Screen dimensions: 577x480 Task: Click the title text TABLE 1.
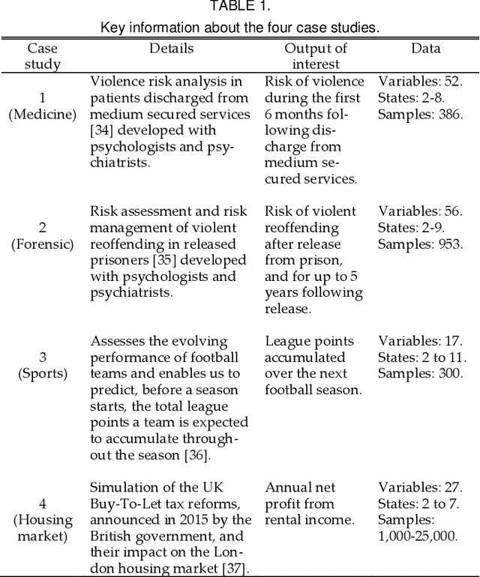(x=240, y=7)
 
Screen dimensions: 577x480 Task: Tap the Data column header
(x=425, y=49)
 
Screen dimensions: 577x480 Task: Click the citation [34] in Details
(x=102, y=130)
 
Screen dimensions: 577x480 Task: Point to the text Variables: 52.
(x=420, y=82)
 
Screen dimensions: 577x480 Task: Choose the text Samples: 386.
(x=420, y=115)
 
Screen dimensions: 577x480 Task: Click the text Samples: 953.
(x=420, y=244)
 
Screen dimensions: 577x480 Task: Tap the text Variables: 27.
(x=420, y=487)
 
